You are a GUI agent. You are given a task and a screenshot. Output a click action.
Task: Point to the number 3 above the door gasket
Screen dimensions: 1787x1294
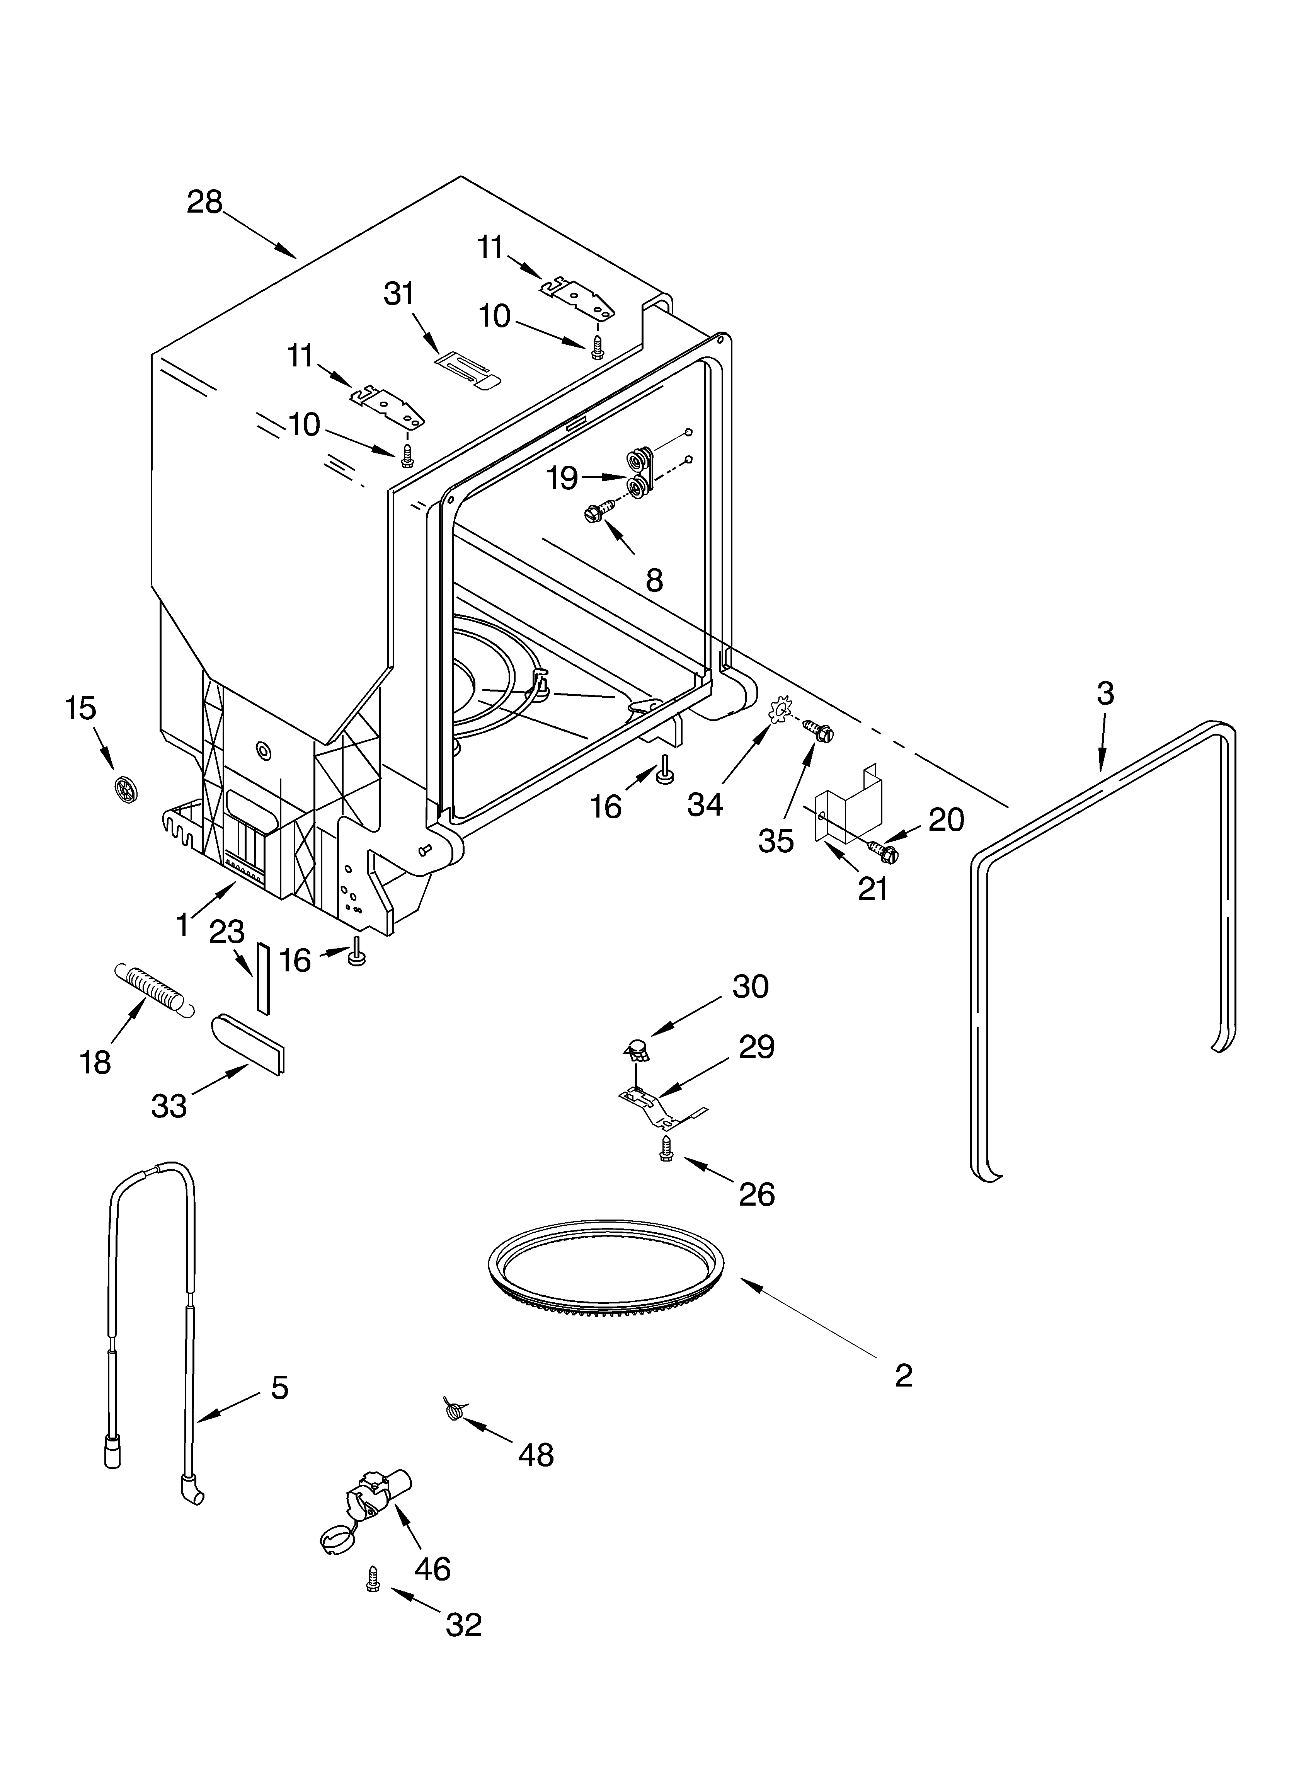[x=1105, y=693]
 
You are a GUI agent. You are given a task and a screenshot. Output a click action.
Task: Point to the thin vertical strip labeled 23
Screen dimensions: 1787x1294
[x=262, y=977]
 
